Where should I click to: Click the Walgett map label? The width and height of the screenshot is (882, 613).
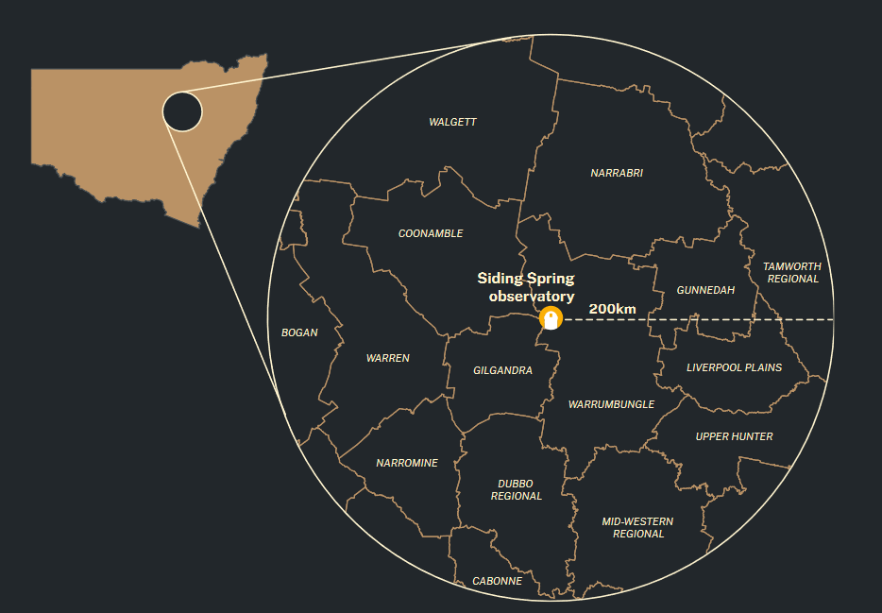coord(452,122)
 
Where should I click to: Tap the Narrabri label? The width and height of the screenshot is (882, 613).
coord(616,173)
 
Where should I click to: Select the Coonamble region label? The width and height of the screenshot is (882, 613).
coord(431,233)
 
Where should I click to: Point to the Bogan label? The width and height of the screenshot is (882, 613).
coord(299,332)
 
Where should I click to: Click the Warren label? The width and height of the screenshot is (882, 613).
coord(387,358)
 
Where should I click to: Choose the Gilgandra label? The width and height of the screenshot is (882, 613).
coord(502,370)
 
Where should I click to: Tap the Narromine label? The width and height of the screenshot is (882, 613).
coord(406,463)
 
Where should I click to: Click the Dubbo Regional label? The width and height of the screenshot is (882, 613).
coord(516,489)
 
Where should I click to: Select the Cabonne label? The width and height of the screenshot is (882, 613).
coord(497,581)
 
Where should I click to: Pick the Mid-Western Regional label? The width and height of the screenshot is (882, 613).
coord(638,527)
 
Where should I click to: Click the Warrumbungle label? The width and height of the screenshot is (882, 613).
coord(611,404)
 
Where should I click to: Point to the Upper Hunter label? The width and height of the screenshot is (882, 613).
coord(734,436)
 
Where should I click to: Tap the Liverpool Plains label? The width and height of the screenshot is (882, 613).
coord(734,367)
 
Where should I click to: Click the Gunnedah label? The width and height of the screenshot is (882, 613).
coord(705,290)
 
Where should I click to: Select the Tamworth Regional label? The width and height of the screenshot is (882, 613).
coord(792,272)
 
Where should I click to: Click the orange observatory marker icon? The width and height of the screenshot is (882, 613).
coord(550,318)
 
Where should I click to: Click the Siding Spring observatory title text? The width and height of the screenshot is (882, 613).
coord(526,287)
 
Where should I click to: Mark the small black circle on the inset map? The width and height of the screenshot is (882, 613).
coord(182,111)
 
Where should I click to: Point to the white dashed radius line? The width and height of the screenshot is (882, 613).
coord(699,320)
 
